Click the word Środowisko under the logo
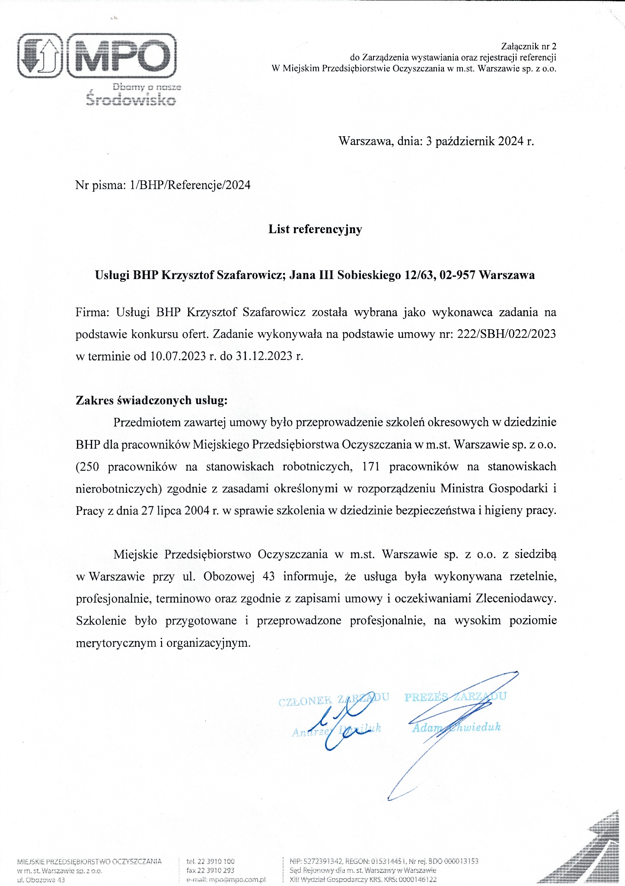(131, 100)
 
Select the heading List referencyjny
(315, 229)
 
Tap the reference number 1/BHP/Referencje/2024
(190, 185)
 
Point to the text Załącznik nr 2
(529, 46)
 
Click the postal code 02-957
(457, 275)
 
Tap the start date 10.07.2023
(178, 356)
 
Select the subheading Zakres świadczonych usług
(151, 400)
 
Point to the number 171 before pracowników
(371, 466)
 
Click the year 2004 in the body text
(197, 510)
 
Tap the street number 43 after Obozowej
(268, 577)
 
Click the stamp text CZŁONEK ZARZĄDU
(333, 699)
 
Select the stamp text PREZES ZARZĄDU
(455, 696)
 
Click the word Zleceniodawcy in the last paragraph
(516, 599)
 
